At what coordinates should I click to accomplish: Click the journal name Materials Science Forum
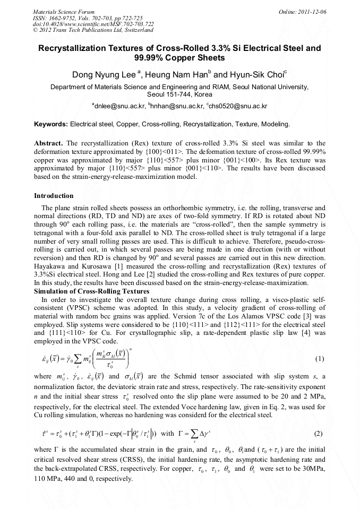click(x=64, y=11)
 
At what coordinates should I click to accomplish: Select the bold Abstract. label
click(x=49, y=144)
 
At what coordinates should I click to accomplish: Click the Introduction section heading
click(x=54, y=196)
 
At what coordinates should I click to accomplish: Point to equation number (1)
click(x=320, y=359)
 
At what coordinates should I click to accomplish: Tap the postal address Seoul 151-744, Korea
click(x=179, y=94)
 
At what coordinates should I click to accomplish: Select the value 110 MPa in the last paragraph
click(x=48, y=478)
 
